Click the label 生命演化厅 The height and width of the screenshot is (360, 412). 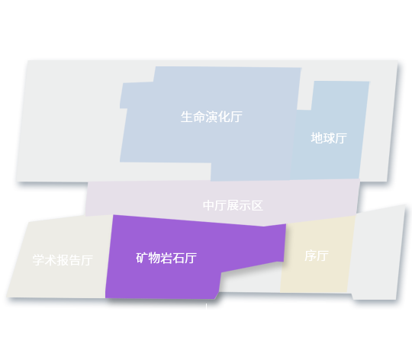coord(211,117)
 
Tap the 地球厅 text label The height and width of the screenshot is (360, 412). coord(329,138)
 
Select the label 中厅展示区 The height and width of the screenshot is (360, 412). coord(233,205)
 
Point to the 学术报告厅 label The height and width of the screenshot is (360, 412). coord(63,260)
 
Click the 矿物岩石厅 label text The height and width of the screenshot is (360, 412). coord(166,258)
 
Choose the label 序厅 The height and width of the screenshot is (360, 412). coord(317,256)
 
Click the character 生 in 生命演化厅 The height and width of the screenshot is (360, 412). coord(187,117)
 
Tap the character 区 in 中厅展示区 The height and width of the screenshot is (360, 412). coord(257,205)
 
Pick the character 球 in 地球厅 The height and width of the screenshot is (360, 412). coord(329,138)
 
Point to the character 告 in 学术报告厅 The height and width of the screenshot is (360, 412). coord(75,260)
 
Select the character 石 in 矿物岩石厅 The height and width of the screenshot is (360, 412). coord(179,258)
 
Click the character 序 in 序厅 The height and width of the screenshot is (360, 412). coord(311,256)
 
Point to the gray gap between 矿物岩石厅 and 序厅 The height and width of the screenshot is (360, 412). coord(249,280)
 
